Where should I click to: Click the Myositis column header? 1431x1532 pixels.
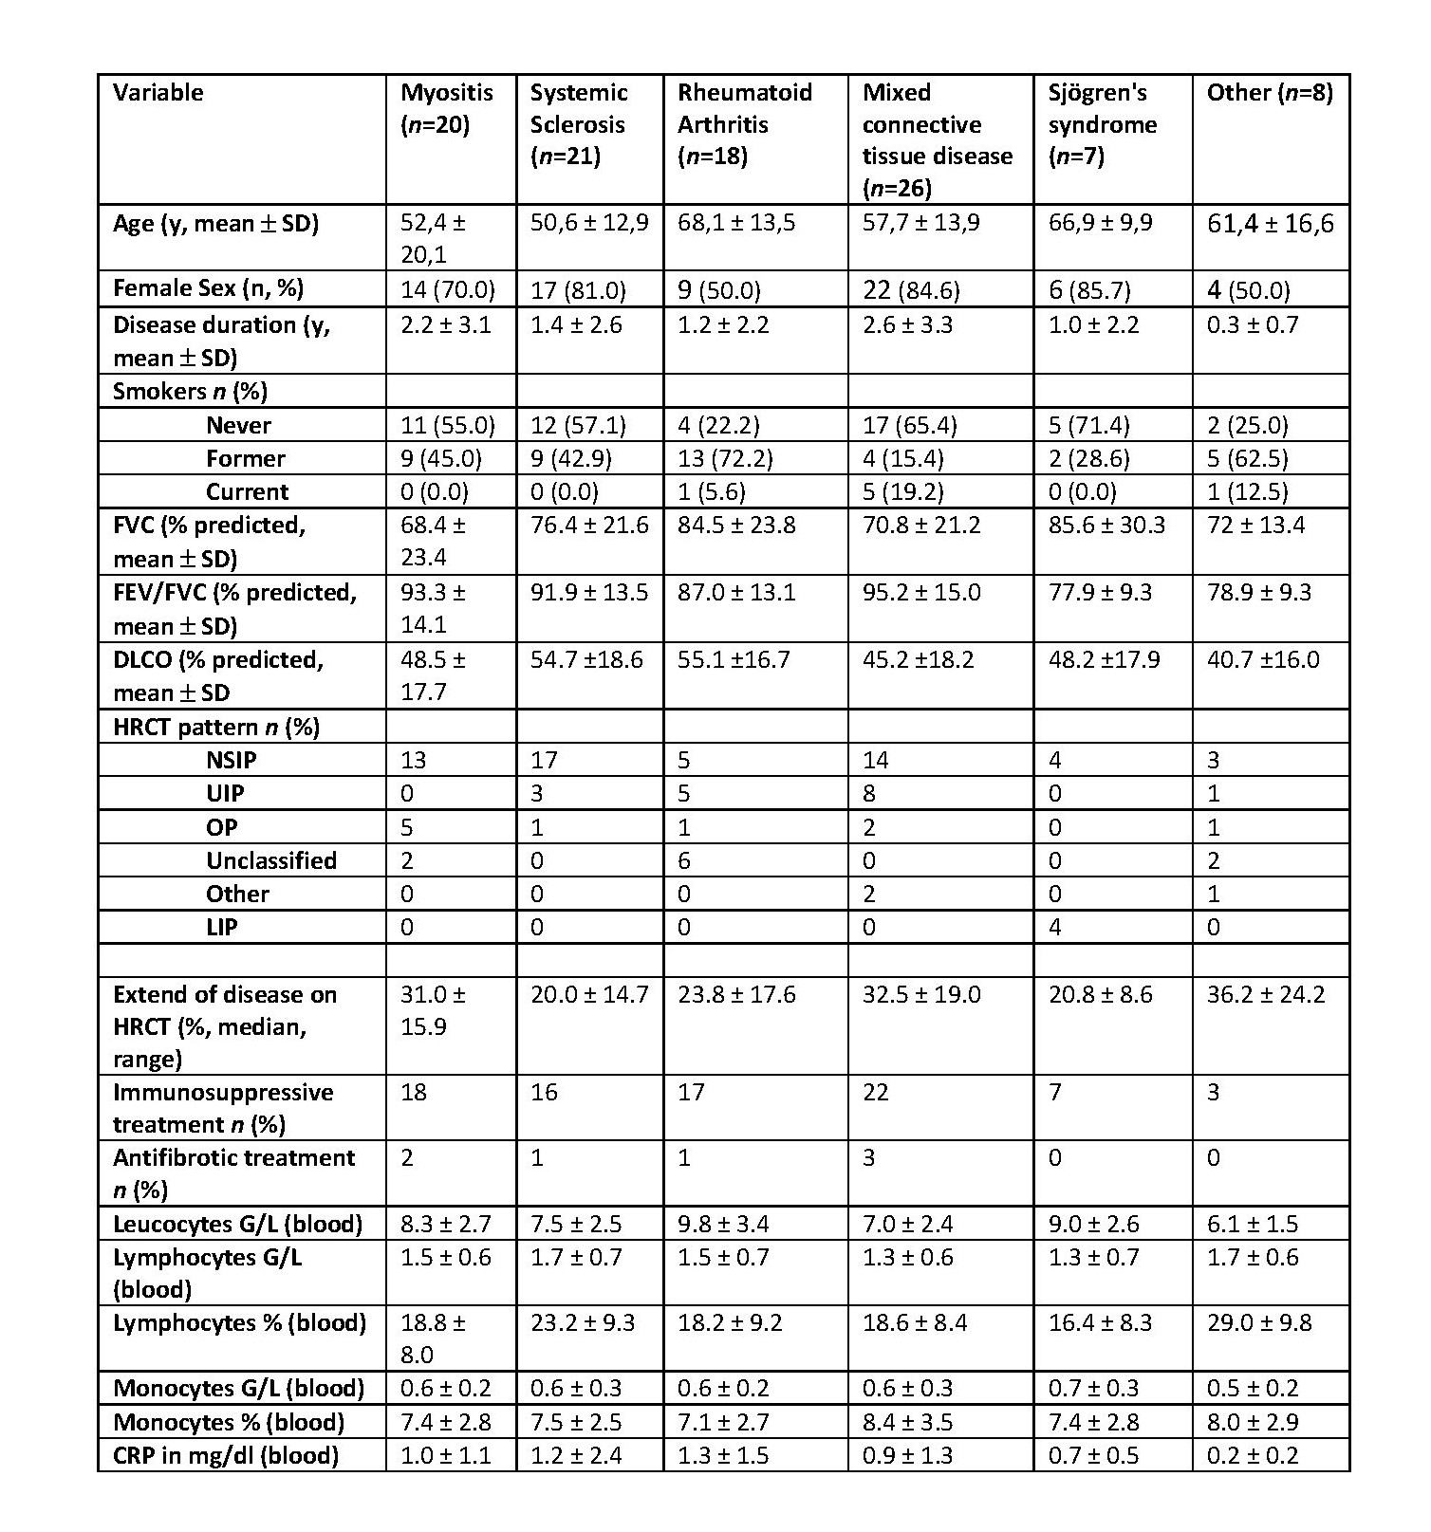click(446, 108)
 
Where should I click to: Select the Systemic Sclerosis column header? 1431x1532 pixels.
click(579, 123)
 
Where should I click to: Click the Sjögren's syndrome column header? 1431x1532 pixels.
click(1102, 123)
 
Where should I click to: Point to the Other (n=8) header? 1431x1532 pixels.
click(1269, 93)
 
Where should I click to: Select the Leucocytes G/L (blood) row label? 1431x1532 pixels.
click(237, 1224)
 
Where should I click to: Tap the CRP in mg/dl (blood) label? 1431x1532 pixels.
click(225, 1455)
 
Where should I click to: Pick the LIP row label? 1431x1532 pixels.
click(221, 927)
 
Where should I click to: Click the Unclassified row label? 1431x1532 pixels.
click(270, 860)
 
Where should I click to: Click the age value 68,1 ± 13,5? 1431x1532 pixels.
click(736, 223)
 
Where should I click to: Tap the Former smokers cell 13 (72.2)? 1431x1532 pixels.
click(725, 459)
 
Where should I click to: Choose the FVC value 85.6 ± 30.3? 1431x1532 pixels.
click(1106, 526)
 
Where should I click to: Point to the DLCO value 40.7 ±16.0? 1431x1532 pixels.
click(1262, 659)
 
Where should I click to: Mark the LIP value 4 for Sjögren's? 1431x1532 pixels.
click(1055, 927)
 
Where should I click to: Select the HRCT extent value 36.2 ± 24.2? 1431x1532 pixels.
click(1266, 994)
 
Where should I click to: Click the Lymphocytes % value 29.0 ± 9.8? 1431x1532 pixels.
click(1259, 1322)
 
